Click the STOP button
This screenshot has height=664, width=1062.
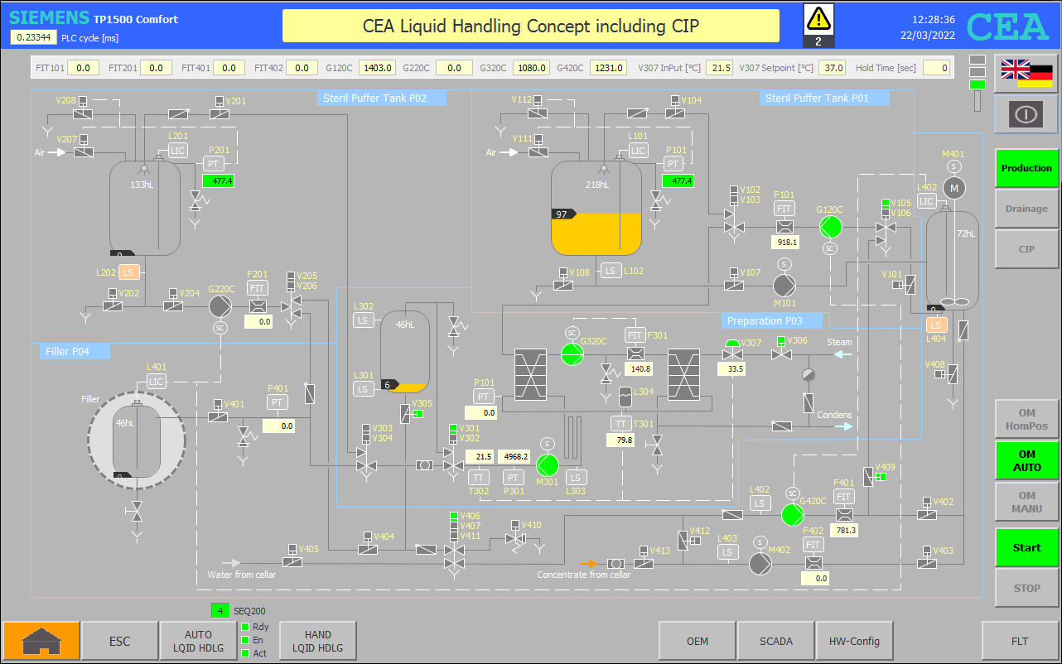[x=1026, y=588]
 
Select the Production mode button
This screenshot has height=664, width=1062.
[x=1026, y=168]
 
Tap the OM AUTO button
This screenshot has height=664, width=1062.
[x=1026, y=460]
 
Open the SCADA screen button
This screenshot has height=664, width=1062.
[x=775, y=642]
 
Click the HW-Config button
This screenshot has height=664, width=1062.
[x=854, y=642]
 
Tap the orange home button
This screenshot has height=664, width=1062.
[x=41, y=642]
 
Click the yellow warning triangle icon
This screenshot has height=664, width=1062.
[x=818, y=19]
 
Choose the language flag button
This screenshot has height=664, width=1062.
[x=1026, y=74]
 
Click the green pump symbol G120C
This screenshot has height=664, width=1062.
[x=831, y=227]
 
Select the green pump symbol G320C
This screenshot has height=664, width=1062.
[x=572, y=354]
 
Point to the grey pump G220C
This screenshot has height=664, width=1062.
[x=220, y=306]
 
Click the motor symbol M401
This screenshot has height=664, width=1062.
[x=954, y=189]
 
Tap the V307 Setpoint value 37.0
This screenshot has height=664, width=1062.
[x=833, y=68]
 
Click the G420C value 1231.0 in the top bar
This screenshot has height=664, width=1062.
[x=609, y=68]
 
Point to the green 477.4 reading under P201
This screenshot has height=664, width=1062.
[x=219, y=181]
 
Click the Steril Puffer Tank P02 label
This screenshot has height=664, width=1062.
[x=374, y=98]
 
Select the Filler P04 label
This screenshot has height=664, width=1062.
[x=67, y=352]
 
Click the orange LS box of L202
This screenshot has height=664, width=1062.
[x=128, y=272]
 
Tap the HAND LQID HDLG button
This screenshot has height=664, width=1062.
[x=317, y=642]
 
